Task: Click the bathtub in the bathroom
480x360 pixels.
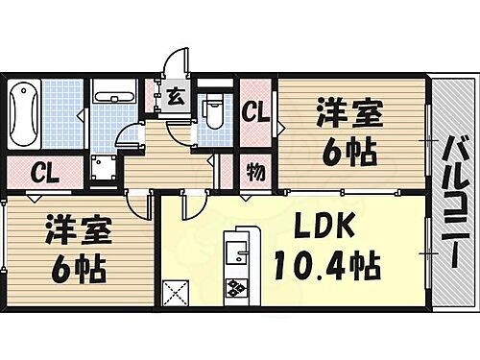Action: (x=23, y=113)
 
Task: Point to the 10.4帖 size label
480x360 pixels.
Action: (x=326, y=263)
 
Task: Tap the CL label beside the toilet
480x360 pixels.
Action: (x=255, y=110)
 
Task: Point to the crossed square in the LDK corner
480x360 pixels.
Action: (x=176, y=292)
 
